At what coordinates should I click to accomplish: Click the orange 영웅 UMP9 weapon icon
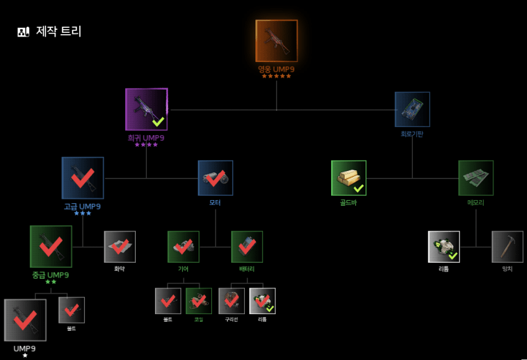coord(277,41)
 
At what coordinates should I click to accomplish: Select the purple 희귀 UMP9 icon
coord(146,109)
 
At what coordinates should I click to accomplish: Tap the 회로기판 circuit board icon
coord(412,110)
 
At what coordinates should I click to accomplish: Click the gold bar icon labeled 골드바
coord(348,178)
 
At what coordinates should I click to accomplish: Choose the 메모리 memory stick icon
coord(476,178)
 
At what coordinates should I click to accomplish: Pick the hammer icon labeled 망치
coord(507,247)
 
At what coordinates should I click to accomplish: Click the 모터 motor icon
coord(215,178)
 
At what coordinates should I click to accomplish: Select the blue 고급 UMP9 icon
coord(82,178)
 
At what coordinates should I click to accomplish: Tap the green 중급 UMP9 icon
coord(51,247)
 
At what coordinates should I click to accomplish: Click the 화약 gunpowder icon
coord(120,247)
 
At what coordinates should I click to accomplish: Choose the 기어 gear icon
coord(184,247)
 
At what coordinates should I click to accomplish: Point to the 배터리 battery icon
coord(247,247)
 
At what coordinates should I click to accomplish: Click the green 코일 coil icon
coord(198,301)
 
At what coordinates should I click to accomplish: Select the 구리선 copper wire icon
coord(231,301)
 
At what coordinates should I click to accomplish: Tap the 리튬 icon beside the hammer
coord(444,247)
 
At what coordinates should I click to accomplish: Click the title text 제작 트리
coord(59,31)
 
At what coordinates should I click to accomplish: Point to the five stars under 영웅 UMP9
coord(277,76)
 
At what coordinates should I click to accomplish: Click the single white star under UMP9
coord(25,356)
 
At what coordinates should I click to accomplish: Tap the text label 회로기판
coord(412,134)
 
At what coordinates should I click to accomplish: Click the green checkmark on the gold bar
coord(358,188)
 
